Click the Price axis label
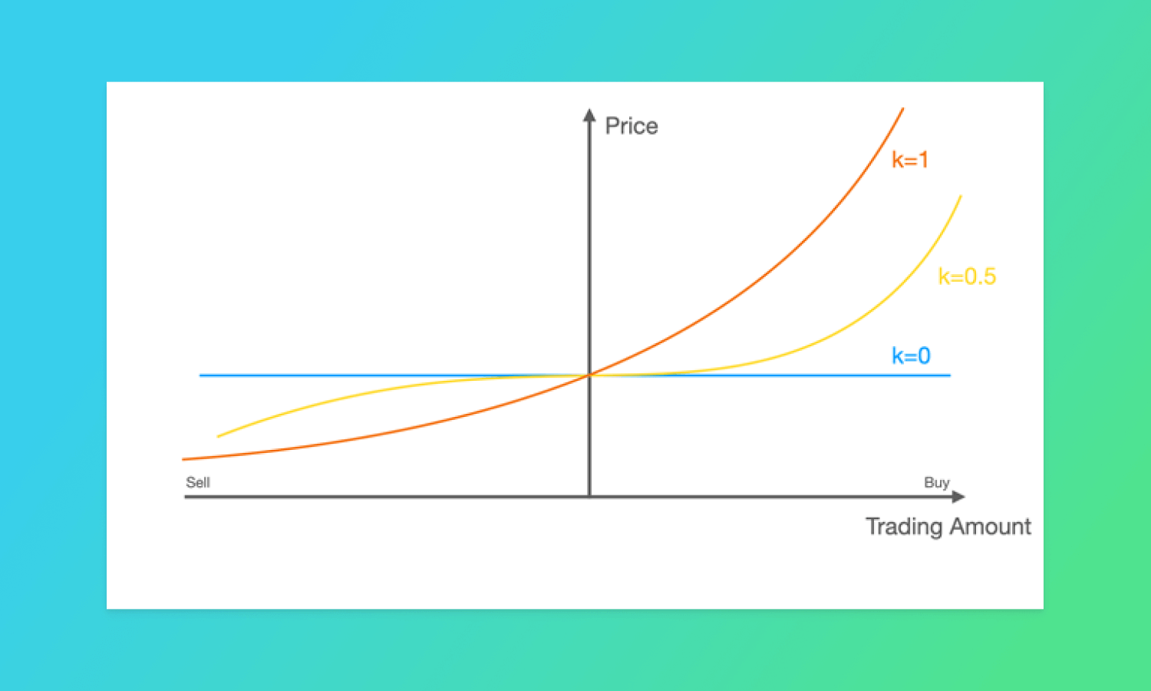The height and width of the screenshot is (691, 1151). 632,126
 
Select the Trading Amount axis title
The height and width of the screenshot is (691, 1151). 948,527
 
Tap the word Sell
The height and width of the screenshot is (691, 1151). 198,482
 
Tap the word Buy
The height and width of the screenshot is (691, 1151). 937,483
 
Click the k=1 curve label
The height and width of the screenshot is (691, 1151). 910,160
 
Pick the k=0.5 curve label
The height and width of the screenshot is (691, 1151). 967,276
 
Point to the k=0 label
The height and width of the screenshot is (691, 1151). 911,355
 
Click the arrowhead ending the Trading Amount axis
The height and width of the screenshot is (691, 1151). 958,497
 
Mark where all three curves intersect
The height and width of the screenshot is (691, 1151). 589,375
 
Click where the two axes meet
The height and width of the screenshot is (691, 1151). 589,497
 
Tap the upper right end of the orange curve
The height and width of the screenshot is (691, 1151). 903,108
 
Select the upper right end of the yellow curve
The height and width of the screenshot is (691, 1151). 961,196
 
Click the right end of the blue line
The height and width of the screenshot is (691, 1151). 950,375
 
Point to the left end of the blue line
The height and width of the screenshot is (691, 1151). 200,375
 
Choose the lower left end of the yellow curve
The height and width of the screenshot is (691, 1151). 218,437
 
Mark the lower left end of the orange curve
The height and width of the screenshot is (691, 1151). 183,459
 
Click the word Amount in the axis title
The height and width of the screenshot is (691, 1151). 990,527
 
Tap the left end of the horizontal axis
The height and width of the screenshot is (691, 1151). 185,497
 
